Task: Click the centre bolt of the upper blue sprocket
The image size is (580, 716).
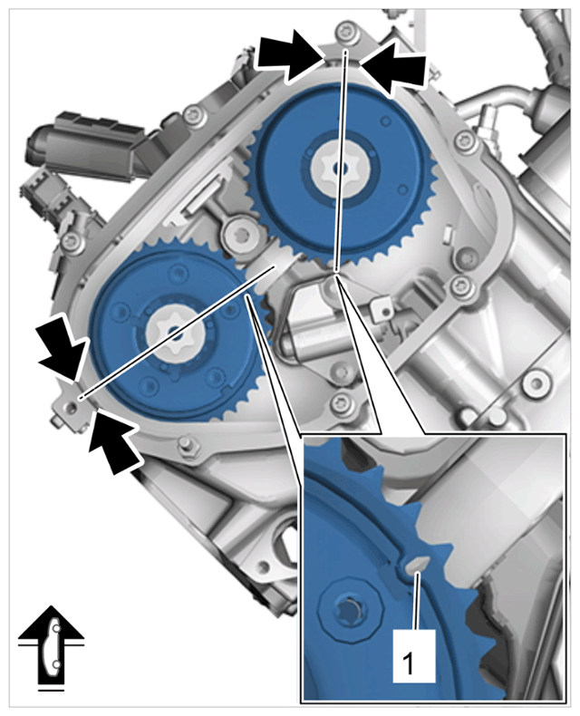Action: click(337, 168)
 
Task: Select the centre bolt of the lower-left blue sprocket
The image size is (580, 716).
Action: click(172, 330)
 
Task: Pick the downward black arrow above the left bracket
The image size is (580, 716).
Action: click(63, 348)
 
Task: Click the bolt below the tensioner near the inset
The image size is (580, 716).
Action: click(340, 402)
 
